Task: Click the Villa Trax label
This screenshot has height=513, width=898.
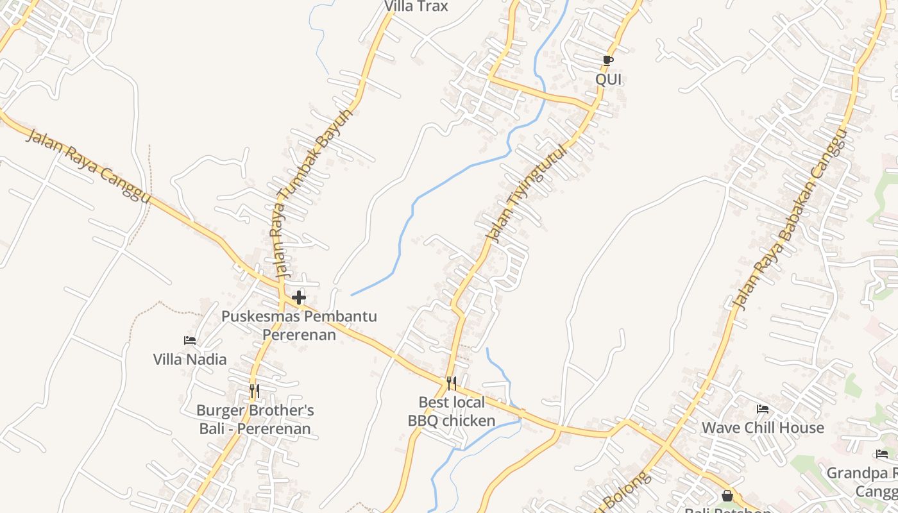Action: (416, 6)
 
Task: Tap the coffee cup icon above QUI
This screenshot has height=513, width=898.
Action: (608, 61)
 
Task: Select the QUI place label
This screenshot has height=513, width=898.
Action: (608, 80)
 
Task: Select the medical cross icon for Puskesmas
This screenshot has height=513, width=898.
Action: (299, 298)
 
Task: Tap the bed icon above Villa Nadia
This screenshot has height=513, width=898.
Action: (190, 341)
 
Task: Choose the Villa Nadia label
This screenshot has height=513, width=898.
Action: (190, 359)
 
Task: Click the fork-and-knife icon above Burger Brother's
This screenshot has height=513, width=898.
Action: (255, 391)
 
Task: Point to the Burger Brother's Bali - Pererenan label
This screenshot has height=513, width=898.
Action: (255, 419)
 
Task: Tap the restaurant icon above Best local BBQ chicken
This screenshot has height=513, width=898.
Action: (452, 383)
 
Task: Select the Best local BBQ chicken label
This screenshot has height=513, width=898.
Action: (452, 411)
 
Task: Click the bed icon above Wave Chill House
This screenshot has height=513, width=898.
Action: (763, 409)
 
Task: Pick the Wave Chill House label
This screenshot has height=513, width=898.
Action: (763, 428)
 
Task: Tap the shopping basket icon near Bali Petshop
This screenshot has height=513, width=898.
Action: (727, 496)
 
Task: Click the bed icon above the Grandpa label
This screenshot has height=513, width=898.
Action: (882, 455)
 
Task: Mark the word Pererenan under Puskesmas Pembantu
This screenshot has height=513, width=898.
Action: (299, 335)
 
